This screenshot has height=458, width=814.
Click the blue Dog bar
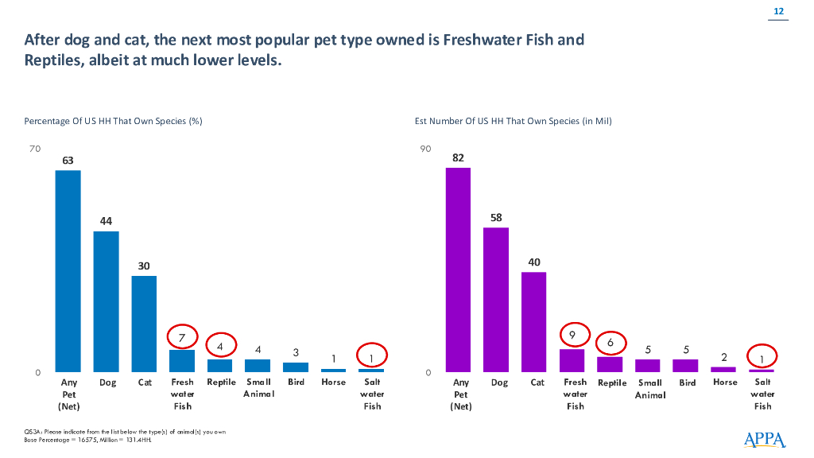pos(106,301)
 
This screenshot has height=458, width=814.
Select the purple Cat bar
pos(534,322)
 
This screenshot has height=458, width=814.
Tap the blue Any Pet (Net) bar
pos(68,271)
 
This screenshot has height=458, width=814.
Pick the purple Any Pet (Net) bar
pos(458,270)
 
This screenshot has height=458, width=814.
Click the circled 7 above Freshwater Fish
pos(182,338)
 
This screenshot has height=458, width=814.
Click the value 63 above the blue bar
pos(68,161)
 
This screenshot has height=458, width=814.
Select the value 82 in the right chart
pos(458,157)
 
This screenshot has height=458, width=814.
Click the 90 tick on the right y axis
pos(426,149)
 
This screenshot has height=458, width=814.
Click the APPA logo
pos(765,439)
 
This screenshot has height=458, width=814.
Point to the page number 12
pos(778,11)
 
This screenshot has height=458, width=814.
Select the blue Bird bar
pos(296,367)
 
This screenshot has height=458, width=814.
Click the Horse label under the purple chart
pos(725,382)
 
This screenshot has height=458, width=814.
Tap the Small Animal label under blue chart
pos(258,388)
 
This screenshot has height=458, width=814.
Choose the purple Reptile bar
pos(610,364)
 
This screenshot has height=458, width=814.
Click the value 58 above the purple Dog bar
pos(496,218)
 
